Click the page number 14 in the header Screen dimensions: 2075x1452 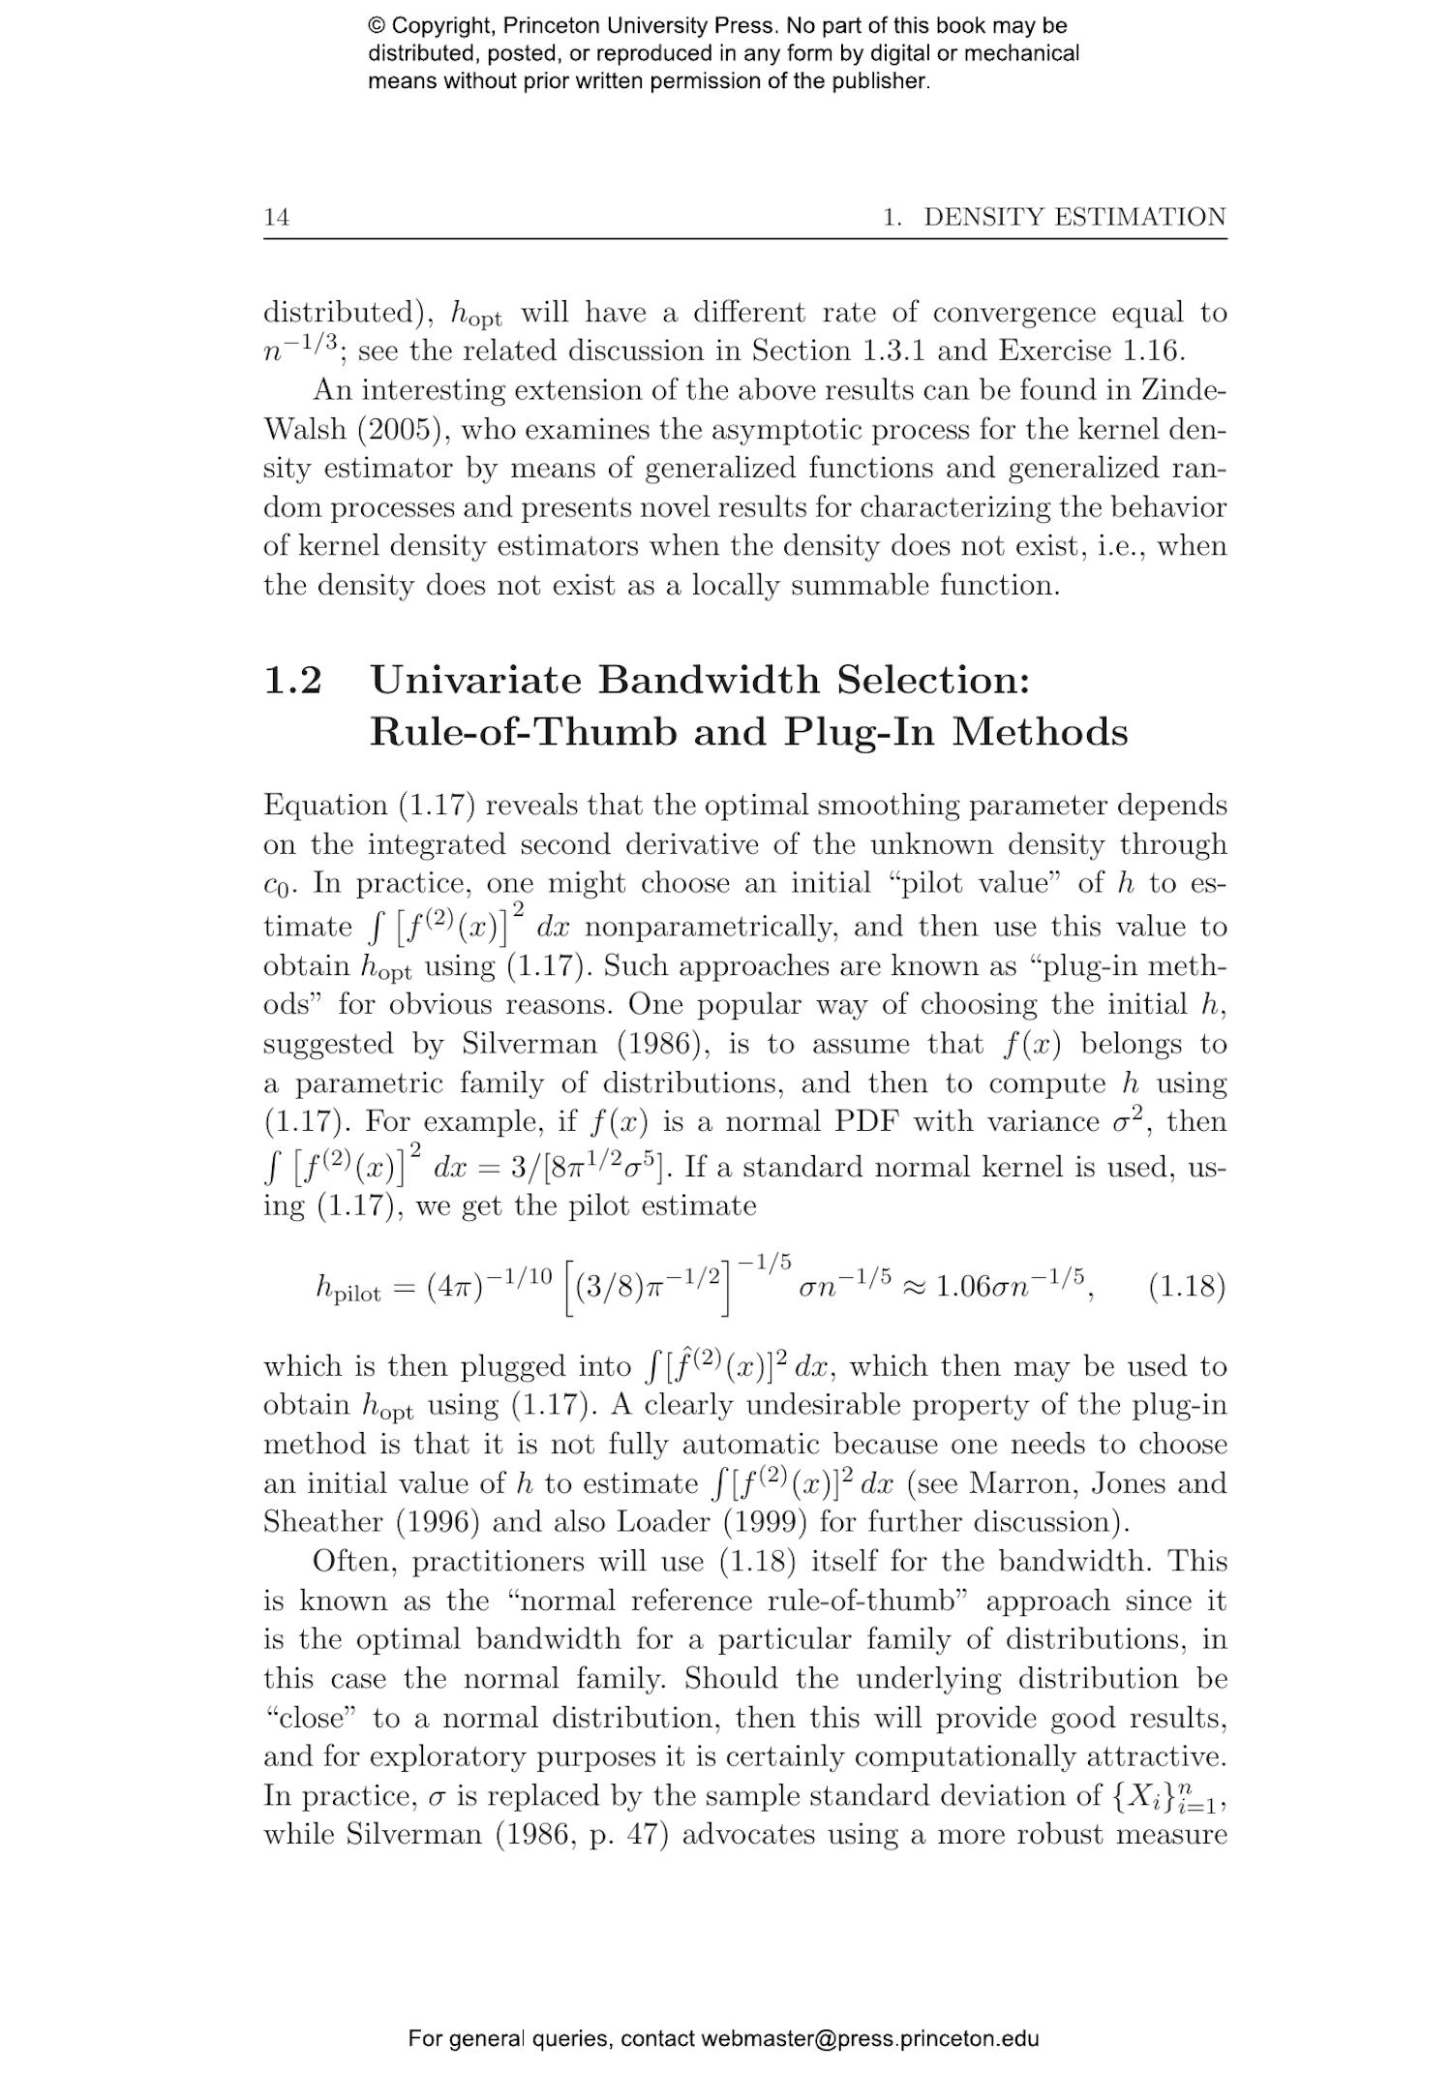(x=276, y=217)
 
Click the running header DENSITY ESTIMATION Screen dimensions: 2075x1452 (x=1074, y=217)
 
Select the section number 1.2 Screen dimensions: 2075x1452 (x=292, y=681)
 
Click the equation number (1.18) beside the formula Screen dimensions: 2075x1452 (x=1186, y=1287)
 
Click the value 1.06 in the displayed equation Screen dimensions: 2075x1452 (x=964, y=1288)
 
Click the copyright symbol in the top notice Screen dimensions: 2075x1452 (x=377, y=26)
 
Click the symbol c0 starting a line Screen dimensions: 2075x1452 (x=277, y=886)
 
